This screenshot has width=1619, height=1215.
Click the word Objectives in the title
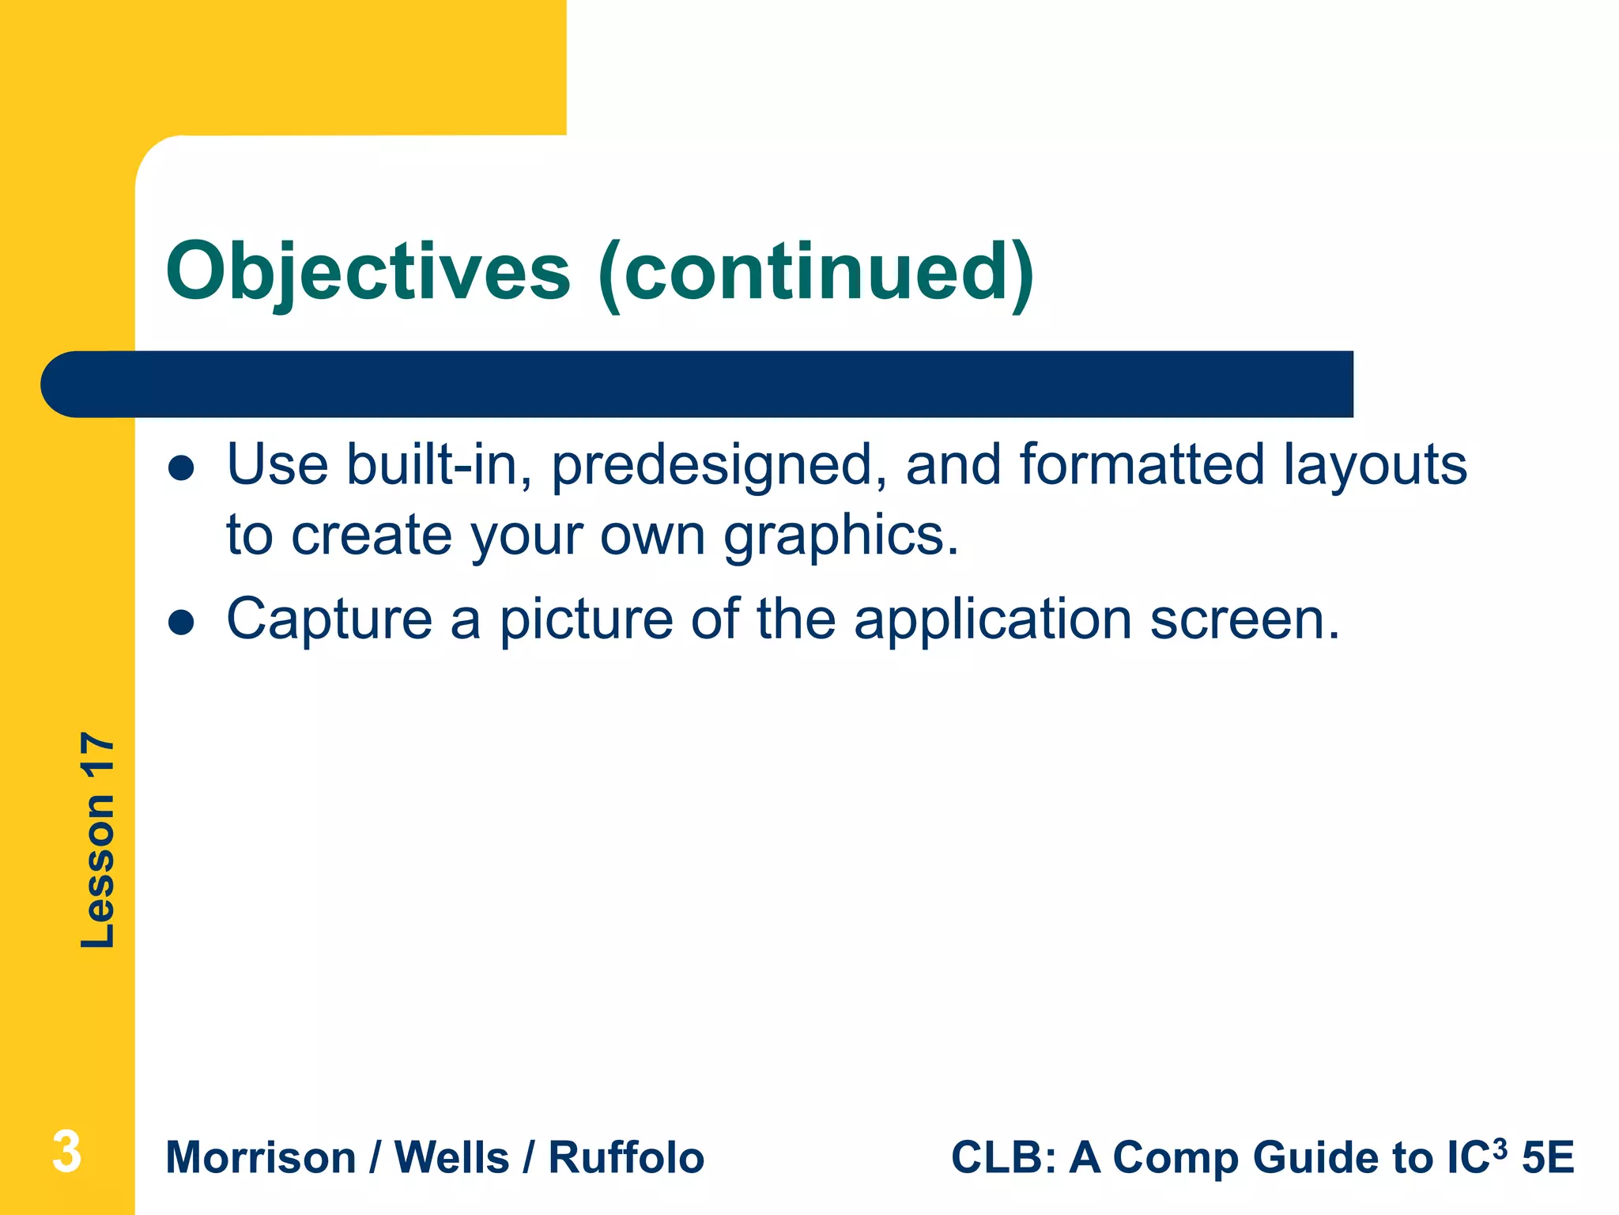tap(368, 271)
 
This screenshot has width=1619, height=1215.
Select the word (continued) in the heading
tap(815, 271)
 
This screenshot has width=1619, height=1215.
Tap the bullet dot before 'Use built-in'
tap(181, 468)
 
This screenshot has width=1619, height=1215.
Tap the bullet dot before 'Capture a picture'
tap(181, 623)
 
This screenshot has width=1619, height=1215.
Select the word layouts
tap(1375, 465)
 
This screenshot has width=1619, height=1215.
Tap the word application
tap(993, 619)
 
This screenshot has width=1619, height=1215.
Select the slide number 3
tap(66, 1152)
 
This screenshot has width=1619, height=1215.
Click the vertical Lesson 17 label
tap(98, 840)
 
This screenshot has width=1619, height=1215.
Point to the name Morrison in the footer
tap(261, 1158)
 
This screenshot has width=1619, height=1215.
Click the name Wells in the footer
tap(451, 1158)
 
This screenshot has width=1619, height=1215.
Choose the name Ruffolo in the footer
tap(626, 1158)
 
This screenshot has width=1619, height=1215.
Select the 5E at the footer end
tap(1548, 1158)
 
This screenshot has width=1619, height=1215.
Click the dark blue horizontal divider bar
tap(696, 384)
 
